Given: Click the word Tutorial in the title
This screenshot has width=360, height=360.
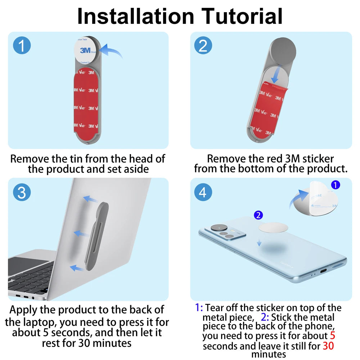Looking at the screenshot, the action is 242,16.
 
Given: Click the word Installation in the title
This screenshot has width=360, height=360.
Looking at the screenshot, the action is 136,16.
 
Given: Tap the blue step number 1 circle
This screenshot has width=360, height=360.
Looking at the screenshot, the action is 22,45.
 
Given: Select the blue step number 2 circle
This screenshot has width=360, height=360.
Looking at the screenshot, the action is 203,45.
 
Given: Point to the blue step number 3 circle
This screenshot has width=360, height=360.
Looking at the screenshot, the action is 22,192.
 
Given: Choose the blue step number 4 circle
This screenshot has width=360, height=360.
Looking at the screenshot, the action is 203,192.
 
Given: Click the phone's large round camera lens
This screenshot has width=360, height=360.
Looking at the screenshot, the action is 219,228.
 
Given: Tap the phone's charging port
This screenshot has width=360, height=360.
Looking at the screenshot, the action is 323,271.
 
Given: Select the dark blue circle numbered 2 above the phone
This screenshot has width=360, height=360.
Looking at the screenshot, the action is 258,215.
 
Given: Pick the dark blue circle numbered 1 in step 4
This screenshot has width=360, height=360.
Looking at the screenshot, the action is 336,185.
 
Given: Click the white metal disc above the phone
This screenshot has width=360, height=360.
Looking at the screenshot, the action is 273,228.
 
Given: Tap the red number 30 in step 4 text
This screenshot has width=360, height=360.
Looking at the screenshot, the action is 328,346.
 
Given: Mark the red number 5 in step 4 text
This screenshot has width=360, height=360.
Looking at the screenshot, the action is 333,336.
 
